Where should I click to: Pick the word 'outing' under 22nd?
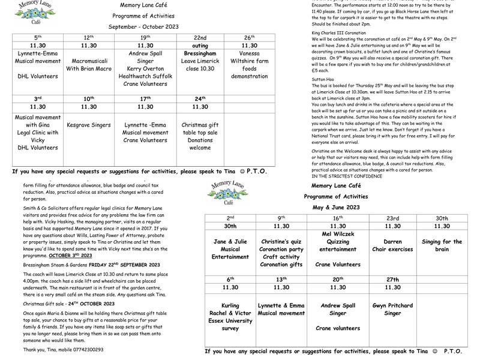(200, 45)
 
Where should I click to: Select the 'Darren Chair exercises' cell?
(392, 245)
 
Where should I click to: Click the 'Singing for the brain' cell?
(442, 245)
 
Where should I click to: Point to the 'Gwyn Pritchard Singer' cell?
(392, 309)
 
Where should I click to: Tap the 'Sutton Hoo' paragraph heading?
(322, 79)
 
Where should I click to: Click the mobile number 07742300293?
(80, 349)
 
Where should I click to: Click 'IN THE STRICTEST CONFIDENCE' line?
(346, 176)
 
